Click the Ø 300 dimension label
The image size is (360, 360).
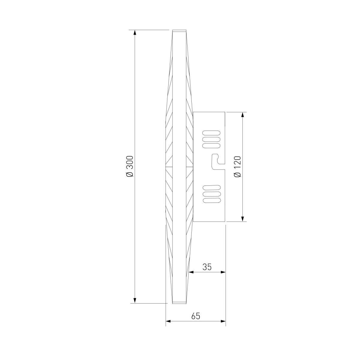click(130, 166)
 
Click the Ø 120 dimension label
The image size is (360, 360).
click(237, 166)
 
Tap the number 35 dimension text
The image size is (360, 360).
click(207, 267)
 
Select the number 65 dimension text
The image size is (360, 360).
click(195, 316)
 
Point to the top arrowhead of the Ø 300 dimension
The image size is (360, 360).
click(135, 32)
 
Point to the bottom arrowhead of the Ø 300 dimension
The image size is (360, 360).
click(135, 301)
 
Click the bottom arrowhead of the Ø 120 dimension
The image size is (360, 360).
click(243, 219)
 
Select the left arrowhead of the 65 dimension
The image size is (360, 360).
click(168, 321)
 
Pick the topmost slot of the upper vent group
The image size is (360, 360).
click(211, 133)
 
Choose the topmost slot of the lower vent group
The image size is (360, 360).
click(211, 187)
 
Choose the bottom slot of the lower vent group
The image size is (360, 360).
click(211, 200)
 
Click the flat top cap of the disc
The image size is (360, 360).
click(180, 31)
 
